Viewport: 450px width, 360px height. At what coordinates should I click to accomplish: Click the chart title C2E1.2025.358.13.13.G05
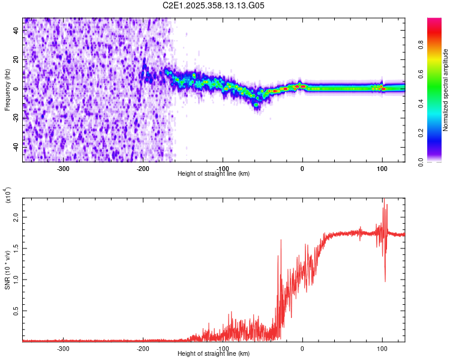[214, 5]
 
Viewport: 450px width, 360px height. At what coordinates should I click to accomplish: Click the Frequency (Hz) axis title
[7, 90]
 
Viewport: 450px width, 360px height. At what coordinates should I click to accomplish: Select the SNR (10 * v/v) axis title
[7, 269]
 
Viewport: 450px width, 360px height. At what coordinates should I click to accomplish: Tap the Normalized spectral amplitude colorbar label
[446, 90]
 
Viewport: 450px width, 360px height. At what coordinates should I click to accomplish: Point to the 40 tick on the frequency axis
[17, 31]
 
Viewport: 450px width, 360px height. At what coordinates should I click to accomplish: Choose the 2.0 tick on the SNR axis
[17, 217]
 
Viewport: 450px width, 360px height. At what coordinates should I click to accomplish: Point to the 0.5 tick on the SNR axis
[17, 311]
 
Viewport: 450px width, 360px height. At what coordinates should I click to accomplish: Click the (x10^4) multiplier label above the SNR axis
[7, 195]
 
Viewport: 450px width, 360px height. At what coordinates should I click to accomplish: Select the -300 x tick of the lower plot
[63, 348]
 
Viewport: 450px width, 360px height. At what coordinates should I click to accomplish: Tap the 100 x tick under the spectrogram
[382, 168]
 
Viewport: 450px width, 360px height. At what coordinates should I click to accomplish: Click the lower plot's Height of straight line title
[214, 354]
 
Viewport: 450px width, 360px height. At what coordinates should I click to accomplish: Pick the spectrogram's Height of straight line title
[214, 174]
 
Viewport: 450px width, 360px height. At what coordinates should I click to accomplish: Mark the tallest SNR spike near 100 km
[383, 200]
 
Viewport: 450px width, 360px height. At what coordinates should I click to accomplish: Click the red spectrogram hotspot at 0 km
[302, 86]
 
